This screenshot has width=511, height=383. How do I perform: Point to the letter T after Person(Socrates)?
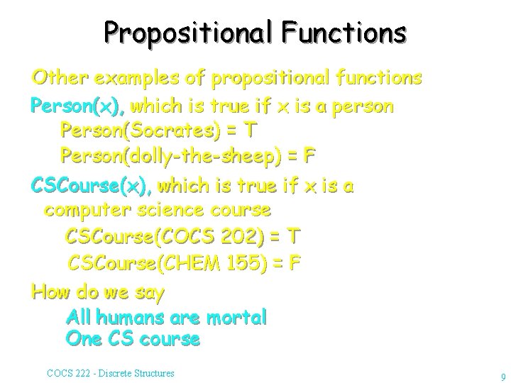(x=249, y=131)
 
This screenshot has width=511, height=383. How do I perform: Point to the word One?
(x=84, y=339)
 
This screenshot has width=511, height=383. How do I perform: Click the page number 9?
(x=502, y=377)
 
